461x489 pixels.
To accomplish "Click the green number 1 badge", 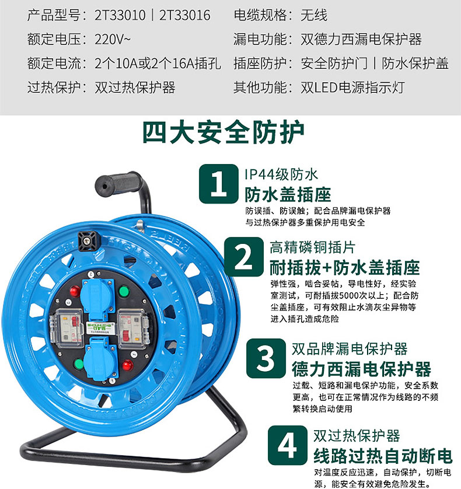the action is tap(219, 184).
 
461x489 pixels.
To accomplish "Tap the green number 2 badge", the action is tap(243, 257).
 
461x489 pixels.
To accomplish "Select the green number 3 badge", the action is tap(266, 358).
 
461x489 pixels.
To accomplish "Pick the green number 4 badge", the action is tap(287, 445).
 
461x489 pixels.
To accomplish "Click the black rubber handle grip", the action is tap(118, 183).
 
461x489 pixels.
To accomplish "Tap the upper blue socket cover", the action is tap(97, 295).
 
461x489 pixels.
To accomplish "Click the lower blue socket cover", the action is tap(100, 359).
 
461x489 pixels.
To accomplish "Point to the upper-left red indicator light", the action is tap(75, 291).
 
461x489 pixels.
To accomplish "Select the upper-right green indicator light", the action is tap(124, 292).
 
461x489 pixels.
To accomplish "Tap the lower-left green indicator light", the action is tap(79, 364).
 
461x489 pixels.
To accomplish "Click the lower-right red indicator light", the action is tap(128, 365).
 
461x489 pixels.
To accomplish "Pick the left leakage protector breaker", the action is tap(67, 329).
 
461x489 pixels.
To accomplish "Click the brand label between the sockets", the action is tap(100, 328).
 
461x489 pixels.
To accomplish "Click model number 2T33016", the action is tap(185, 15).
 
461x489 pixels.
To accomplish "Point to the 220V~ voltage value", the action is tap(113, 39).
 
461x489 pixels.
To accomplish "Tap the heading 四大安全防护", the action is tap(223, 132).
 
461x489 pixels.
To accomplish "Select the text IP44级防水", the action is tap(281, 174).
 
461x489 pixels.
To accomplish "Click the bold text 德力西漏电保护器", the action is tap(361, 369).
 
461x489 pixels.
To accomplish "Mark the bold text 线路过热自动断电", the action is tap(383, 456).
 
